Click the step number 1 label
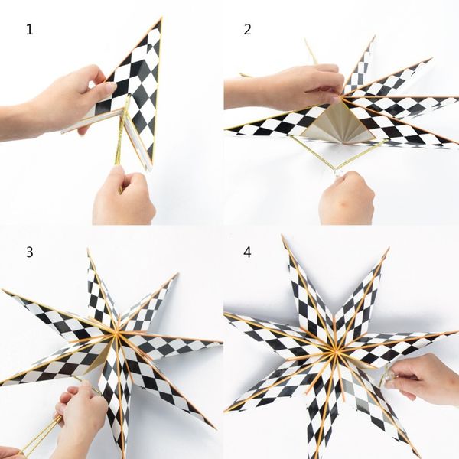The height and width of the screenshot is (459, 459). (30, 30)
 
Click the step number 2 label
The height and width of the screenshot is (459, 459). (247, 30)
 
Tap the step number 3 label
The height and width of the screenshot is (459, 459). (30, 252)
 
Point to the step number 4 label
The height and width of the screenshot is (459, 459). (247, 252)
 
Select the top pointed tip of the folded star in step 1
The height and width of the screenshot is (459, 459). (161, 18)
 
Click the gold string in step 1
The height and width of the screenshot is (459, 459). (123, 138)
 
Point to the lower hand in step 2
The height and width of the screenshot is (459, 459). (347, 198)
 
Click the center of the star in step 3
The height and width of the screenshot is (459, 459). (116, 334)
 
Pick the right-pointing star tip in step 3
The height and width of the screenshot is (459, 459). (221, 342)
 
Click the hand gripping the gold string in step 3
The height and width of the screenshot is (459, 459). (79, 418)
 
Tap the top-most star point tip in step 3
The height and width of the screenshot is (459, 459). (88, 249)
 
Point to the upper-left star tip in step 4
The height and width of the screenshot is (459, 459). (283, 236)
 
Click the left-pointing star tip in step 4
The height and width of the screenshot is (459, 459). (226, 314)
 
